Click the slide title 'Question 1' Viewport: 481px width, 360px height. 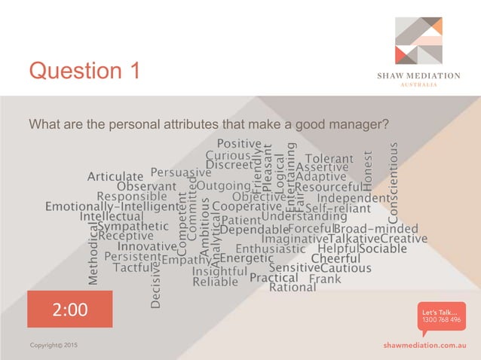pyautogui.click(x=84, y=71)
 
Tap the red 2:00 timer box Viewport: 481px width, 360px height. pyautogui.click(x=69, y=309)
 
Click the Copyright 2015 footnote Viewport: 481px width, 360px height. pyautogui.click(x=53, y=344)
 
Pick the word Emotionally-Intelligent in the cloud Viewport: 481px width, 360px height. pyautogui.click(x=112, y=206)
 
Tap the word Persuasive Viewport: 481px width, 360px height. pyautogui.click(x=181, y=172)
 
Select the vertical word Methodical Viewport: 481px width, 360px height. pyautogui.click(x=93, y=256)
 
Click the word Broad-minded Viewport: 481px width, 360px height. pyautogui.click(x=375, y=228)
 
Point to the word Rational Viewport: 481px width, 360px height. pyautogui.click(x=293, y=287)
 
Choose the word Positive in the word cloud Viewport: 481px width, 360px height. pyautogui.click(x=239, y=143)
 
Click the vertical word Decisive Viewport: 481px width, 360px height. pyautogui.click(x=156, y=282)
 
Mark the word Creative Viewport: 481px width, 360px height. pyautogui.click(x=404, y=239)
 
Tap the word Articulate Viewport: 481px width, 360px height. pyautogui.click(x=115, y=177)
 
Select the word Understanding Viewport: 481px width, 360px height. pyautogui.click(x=304, y=217)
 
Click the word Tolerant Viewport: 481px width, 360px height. pyautogui.click(x=329, y=159)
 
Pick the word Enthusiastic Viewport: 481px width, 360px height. pyautogui.click(x=271, y=249)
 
